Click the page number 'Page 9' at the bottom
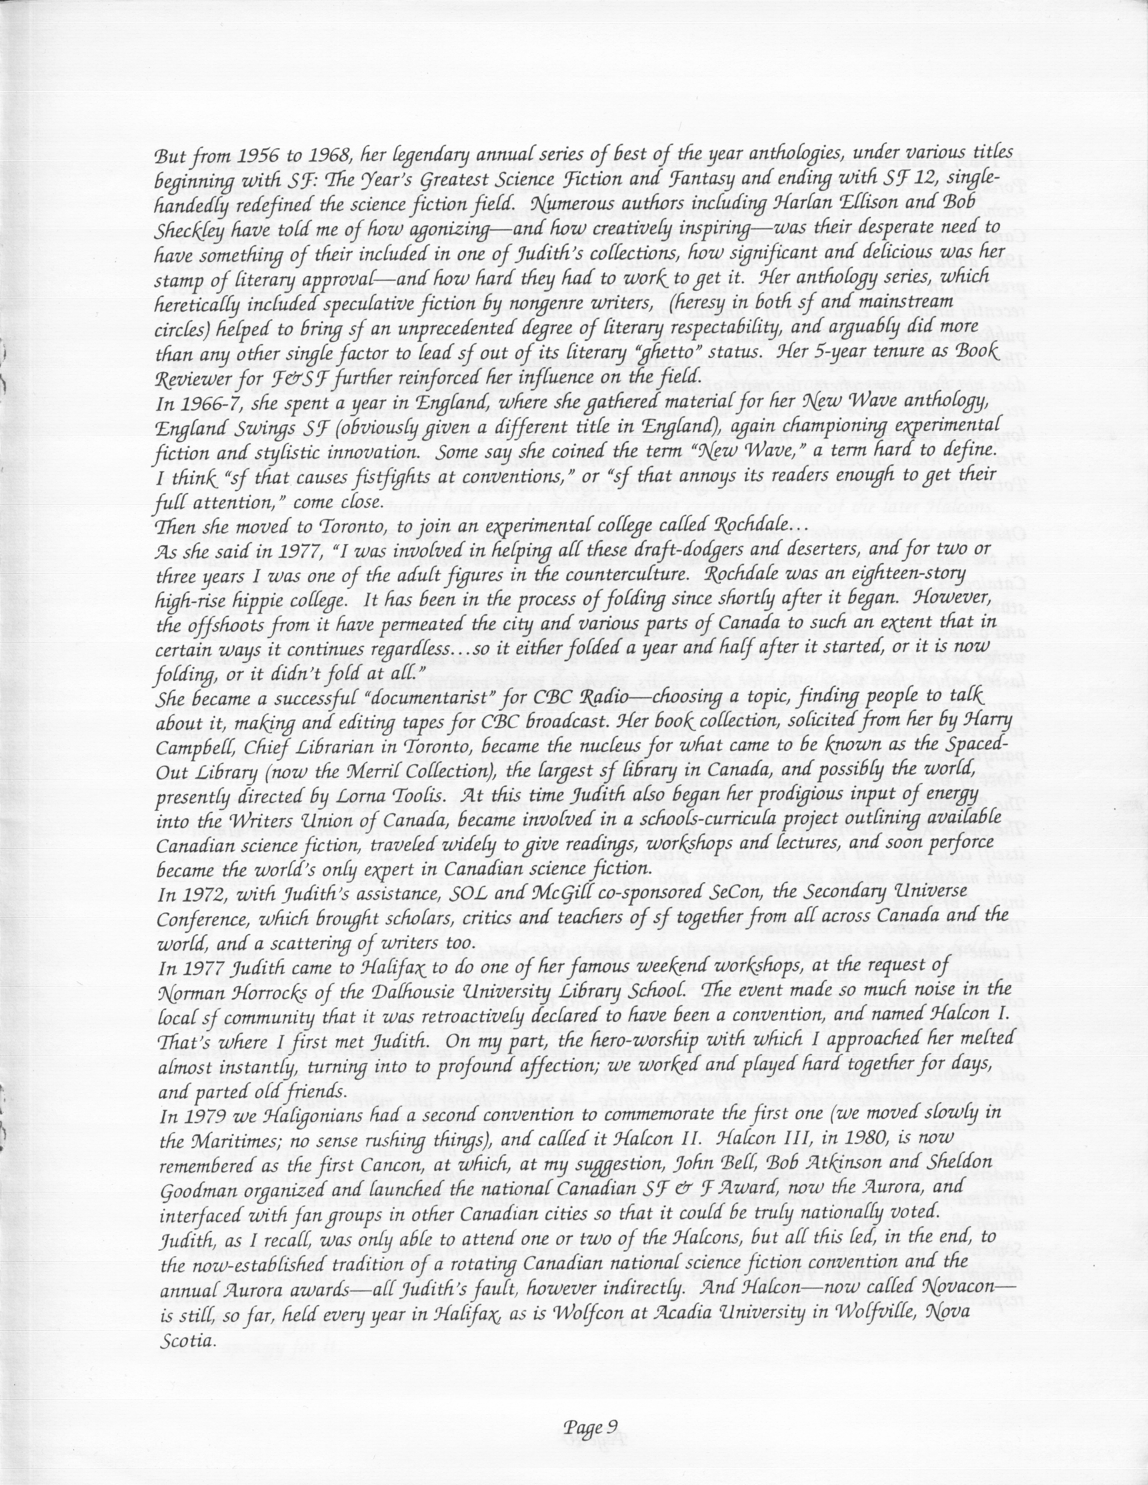pos(590,1423)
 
